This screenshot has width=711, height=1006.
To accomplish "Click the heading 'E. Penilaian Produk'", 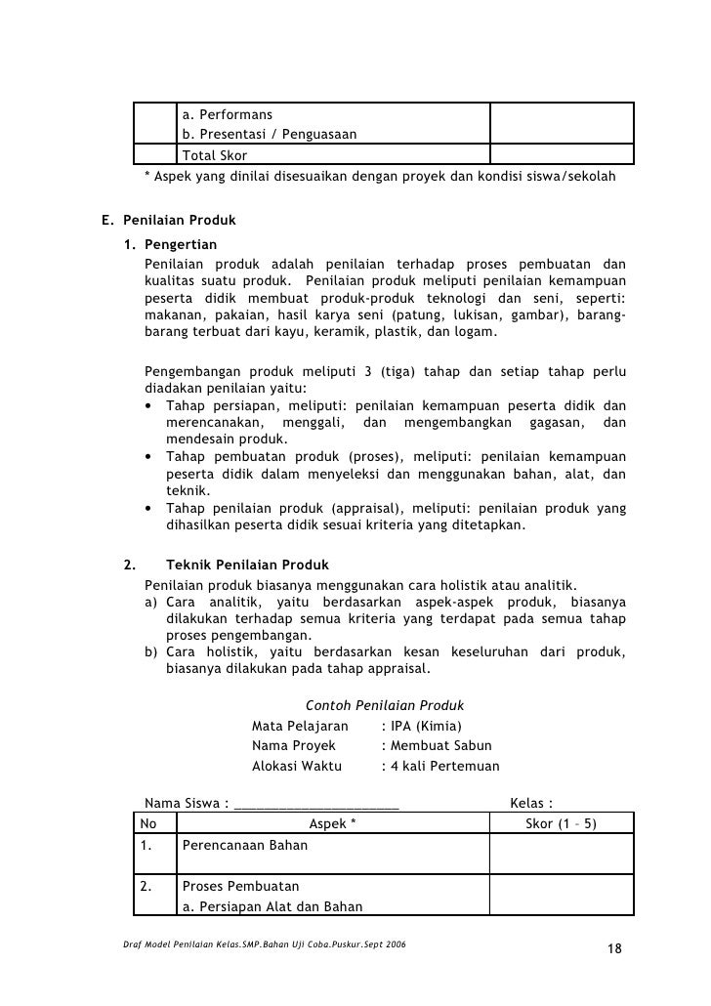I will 168,221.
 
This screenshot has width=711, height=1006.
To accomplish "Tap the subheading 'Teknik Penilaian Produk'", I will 248,566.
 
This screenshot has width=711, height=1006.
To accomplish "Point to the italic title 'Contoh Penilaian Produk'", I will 384,705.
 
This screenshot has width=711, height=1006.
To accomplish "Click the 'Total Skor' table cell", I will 215,155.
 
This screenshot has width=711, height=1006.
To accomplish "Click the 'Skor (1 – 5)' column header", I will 561,824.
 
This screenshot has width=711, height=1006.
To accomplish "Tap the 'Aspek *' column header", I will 332,824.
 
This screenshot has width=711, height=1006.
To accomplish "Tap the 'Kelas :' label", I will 532,805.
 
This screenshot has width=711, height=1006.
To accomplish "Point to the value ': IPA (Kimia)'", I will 421,726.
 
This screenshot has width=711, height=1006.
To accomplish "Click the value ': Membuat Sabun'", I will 434,746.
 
